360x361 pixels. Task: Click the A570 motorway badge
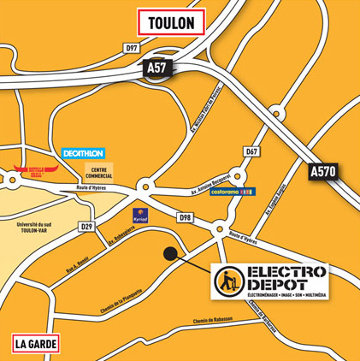point(323,171)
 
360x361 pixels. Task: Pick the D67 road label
point(251,151)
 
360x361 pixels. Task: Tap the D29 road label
point(86,227)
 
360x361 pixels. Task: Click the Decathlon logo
point(83,153)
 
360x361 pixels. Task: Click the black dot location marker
point(171,253)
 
